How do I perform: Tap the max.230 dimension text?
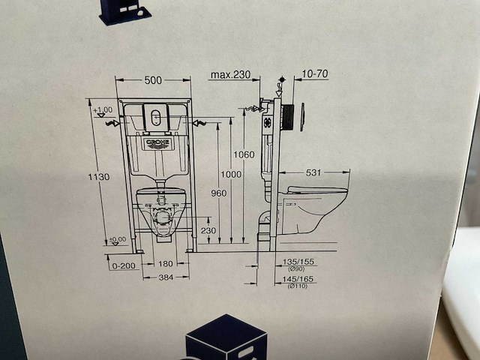[229, 75]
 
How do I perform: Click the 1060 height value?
[244, 155]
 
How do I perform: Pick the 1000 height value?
[231, 174]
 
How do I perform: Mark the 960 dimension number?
[218, 193]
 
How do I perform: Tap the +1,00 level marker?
[103, 110]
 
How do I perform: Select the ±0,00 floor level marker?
[117, 240]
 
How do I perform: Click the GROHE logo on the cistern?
[159, 142]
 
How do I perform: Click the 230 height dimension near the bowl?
[208, 230]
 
